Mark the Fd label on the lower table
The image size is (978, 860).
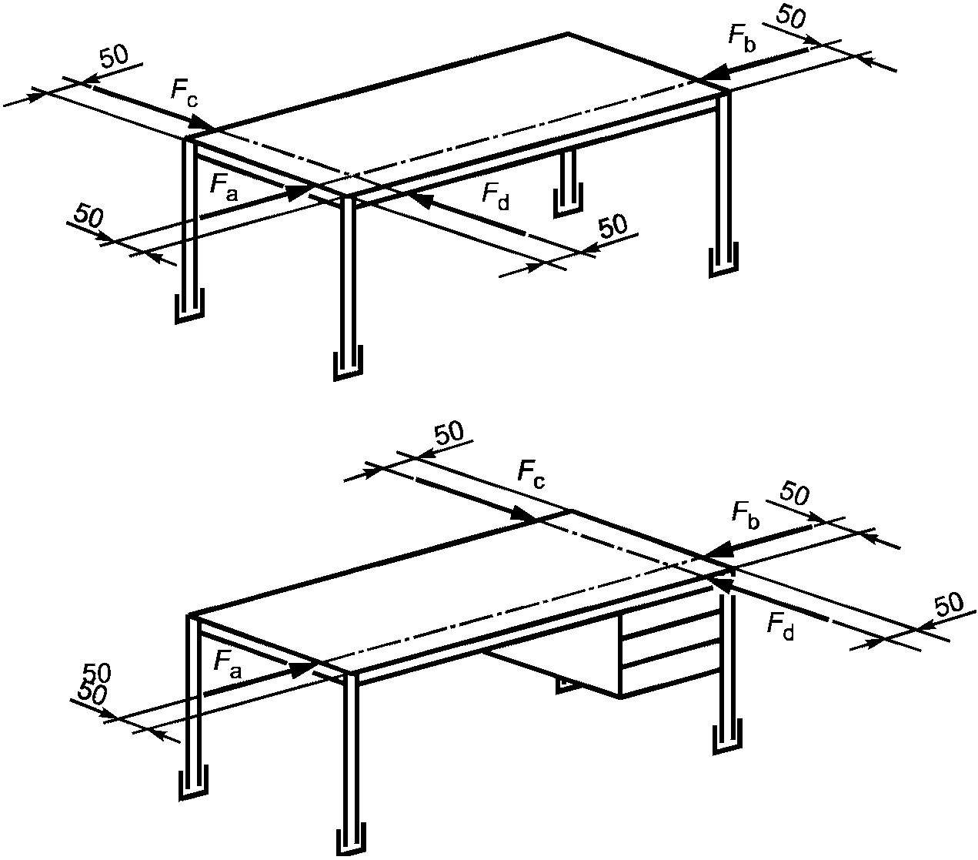coord(780,625)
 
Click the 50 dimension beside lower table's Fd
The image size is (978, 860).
coord(948,604)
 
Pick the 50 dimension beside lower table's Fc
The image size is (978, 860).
coord(449,433)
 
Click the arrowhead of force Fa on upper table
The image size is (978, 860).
coord(298,192)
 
